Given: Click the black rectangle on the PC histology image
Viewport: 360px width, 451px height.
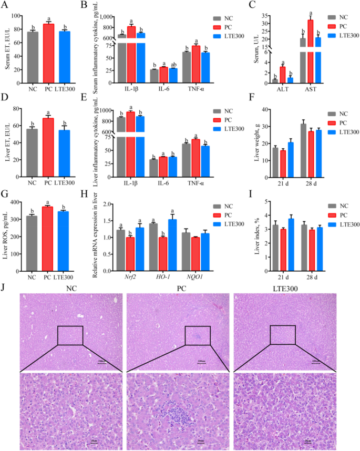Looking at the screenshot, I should [x=198, y=335].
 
